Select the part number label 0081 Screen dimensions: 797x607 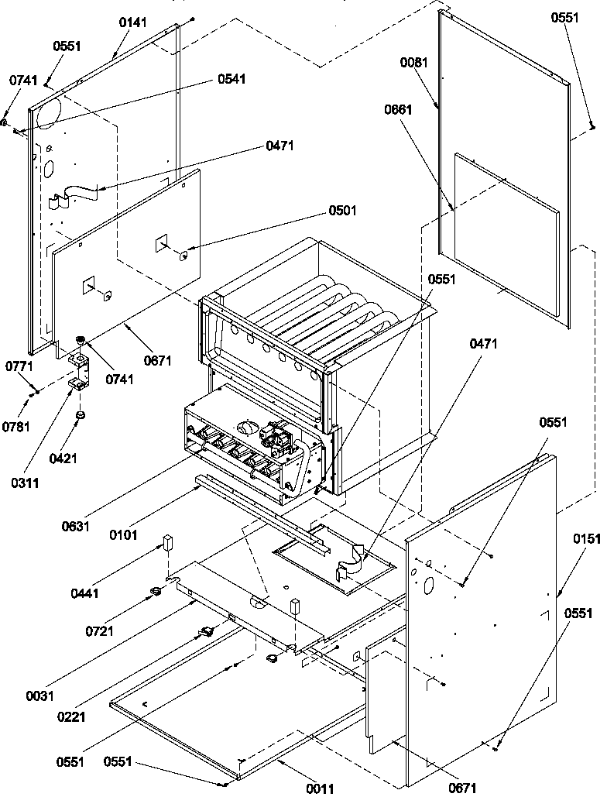pyautogui.click(x=415, y=63)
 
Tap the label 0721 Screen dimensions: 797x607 pyautogui.click(x=99, y=630)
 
